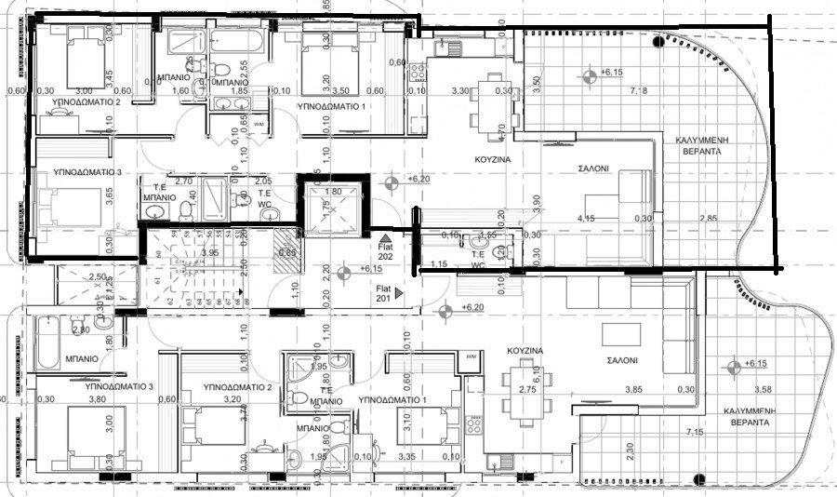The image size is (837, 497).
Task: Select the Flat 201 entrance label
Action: (x=385, y=292)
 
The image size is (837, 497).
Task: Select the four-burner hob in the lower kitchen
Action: (x=473, y=424)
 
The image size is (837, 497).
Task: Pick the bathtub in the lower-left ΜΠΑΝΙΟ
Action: (x=46, y=341)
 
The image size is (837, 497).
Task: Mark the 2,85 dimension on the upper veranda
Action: (x=711, y=219)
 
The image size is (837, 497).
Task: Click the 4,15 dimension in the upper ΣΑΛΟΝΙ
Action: (x=586, y=219)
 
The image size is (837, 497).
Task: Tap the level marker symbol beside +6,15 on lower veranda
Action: (x=735, y=365)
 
